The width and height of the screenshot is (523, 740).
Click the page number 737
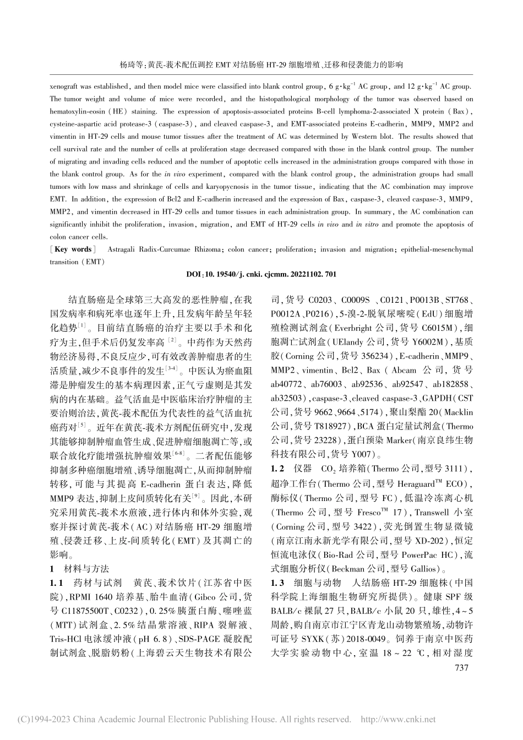pos(459,668)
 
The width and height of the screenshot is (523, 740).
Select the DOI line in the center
pos(261,274)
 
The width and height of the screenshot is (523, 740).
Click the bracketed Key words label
pos(72,249)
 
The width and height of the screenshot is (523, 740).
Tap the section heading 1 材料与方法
pos(80,568)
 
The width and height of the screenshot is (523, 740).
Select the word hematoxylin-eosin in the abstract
pos(79,112)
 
